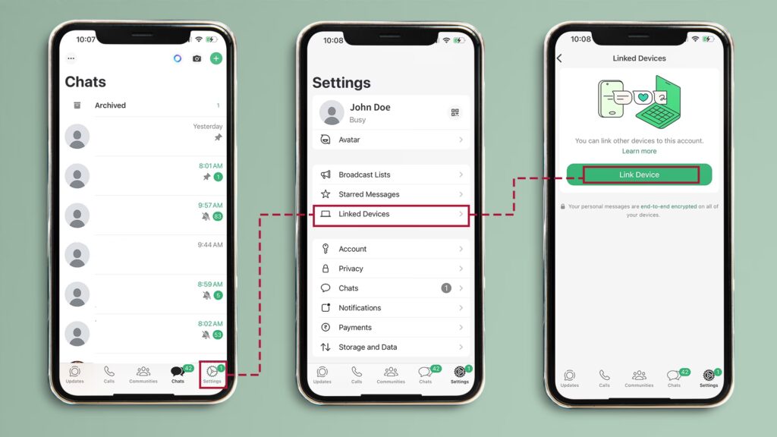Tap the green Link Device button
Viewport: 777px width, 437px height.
tap(639, 174)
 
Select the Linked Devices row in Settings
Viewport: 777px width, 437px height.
tap(391, 214)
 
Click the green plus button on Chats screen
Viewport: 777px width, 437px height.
tap(216, 58)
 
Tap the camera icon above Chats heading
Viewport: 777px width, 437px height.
tap(197, 58)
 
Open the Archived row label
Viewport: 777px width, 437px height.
tap(110, 105)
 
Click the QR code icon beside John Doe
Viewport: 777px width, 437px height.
tap(455, 112)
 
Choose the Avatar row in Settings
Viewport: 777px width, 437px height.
tap(391, 140)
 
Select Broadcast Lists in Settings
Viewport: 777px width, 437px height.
tap(391, 174)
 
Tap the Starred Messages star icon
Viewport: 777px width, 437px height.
tap(326, 194)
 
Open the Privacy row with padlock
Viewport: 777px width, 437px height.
tap(391, 269)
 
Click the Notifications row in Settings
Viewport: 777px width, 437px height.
tap(391, 308)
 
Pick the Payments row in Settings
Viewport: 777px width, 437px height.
tap(391, 328)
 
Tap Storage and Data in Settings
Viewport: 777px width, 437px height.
tap(391, 347)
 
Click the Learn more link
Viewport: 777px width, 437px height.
tap(639, 151)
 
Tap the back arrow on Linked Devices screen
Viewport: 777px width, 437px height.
tap(559, 58)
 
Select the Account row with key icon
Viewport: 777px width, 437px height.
tap(391, 249)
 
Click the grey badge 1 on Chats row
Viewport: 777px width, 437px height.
tap(446, 288)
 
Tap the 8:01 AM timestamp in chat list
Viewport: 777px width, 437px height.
tap(211, 165)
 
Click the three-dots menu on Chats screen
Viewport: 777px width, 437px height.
tap(71, 58)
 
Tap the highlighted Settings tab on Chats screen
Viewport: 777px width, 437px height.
tap(212, 375)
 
